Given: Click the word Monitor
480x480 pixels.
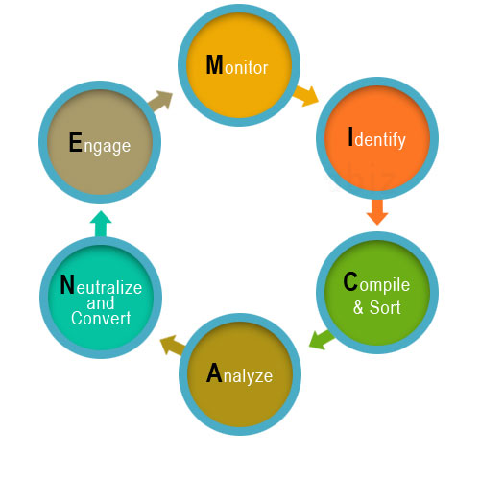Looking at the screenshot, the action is point(237,65).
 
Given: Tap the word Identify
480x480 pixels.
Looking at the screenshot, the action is point(377,137).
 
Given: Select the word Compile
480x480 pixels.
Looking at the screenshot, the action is point(376,283).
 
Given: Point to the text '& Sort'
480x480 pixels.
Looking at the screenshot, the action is point(377,307).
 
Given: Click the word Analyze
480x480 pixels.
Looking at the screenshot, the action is point(239,373).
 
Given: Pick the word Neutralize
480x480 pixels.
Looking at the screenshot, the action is point(101,284).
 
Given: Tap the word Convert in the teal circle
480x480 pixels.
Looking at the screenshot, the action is point(101,318).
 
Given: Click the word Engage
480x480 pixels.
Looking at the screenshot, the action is point(100,144).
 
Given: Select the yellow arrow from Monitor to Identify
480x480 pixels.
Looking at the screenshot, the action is point(305,95).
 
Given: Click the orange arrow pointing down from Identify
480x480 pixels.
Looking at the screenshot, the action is point(377,212).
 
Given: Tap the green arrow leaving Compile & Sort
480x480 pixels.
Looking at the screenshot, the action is point(322,340).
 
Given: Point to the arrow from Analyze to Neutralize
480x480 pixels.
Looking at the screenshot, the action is point(173,345).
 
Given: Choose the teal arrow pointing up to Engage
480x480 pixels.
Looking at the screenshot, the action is point(101,224).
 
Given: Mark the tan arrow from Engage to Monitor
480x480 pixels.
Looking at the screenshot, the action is point(160,101).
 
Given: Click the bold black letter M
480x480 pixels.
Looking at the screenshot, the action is point(214,64).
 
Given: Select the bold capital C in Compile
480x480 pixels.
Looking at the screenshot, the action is point(350,281).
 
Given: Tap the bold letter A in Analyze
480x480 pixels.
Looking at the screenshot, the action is point(214,372).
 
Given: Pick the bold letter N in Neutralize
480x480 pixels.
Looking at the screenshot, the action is point(67,284).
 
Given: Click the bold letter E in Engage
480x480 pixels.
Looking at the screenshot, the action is point(76,142).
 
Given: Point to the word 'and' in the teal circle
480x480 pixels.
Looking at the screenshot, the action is point(101,302).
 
